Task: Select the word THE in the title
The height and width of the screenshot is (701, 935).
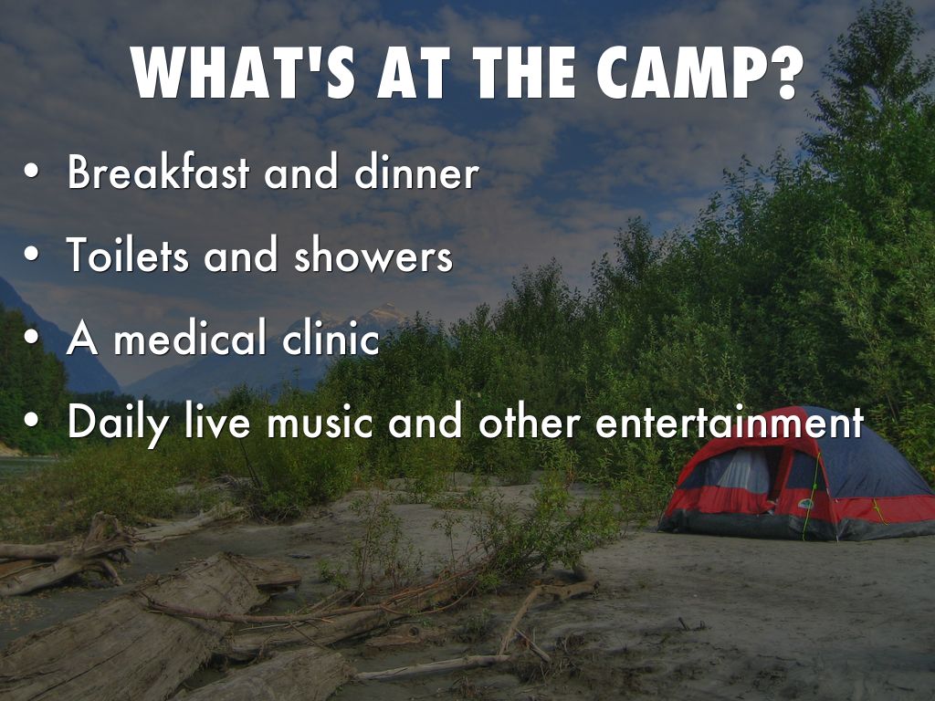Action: point(526,72)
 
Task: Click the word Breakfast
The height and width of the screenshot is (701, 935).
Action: point(158,171)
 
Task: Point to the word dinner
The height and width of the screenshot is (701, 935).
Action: point(416,172)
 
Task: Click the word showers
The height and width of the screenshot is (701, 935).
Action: point(373,255)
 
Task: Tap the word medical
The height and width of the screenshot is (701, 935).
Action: point(190,337)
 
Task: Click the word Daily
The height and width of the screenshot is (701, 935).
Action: point(118,422)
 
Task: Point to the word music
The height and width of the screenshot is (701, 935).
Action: point(320,420)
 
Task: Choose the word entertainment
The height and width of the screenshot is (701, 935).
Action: point(730,421)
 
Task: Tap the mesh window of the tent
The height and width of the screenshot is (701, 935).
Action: point(742,472)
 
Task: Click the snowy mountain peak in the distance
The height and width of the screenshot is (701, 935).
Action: point(382,315)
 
